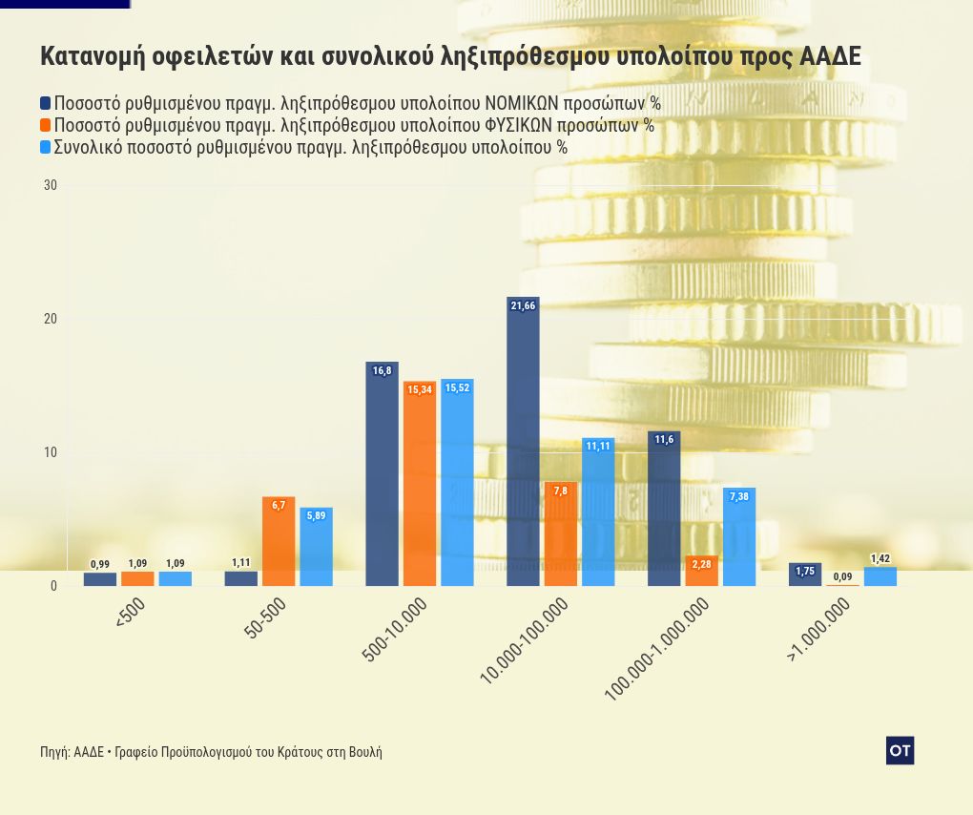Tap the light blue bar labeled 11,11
coord(598,512)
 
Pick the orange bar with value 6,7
coord(279,541)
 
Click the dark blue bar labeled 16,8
coord(382,473)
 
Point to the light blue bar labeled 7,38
coord(739,536)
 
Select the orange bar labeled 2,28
coord(701,571)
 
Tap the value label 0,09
coord(842,576)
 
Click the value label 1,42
coord(880,558)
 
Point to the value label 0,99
coord(100,564)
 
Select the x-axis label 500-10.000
coord(395,629)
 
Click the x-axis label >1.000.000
coord(818,631)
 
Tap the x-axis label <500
coord(131,613)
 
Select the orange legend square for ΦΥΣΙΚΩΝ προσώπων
coord(46,125)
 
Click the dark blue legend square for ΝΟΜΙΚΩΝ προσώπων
coord(46,103)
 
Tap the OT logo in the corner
coord(900,751)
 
